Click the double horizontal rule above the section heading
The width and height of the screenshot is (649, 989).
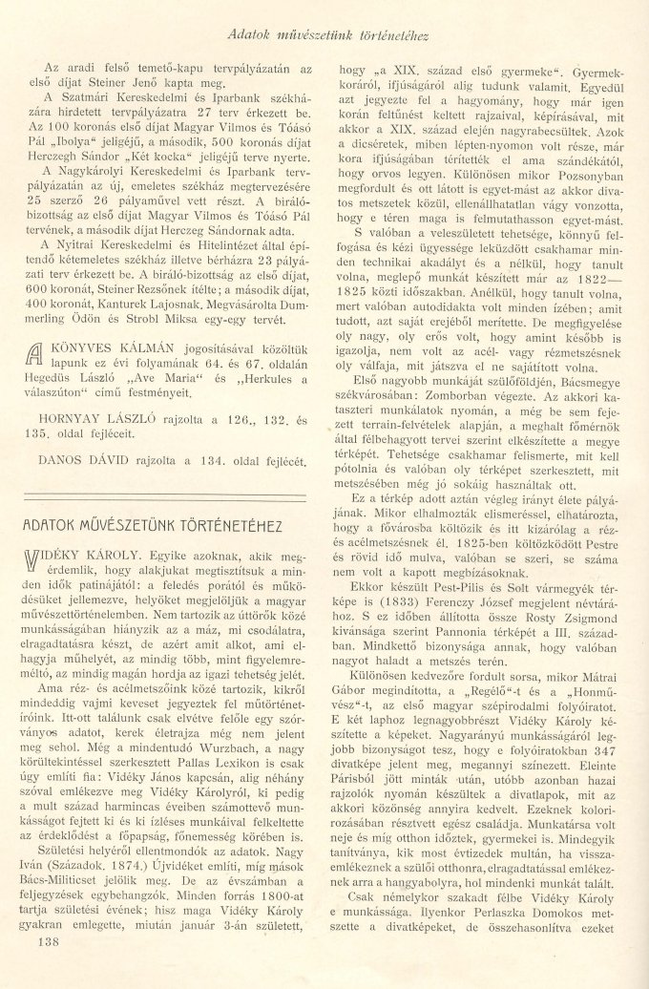point(169,500)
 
